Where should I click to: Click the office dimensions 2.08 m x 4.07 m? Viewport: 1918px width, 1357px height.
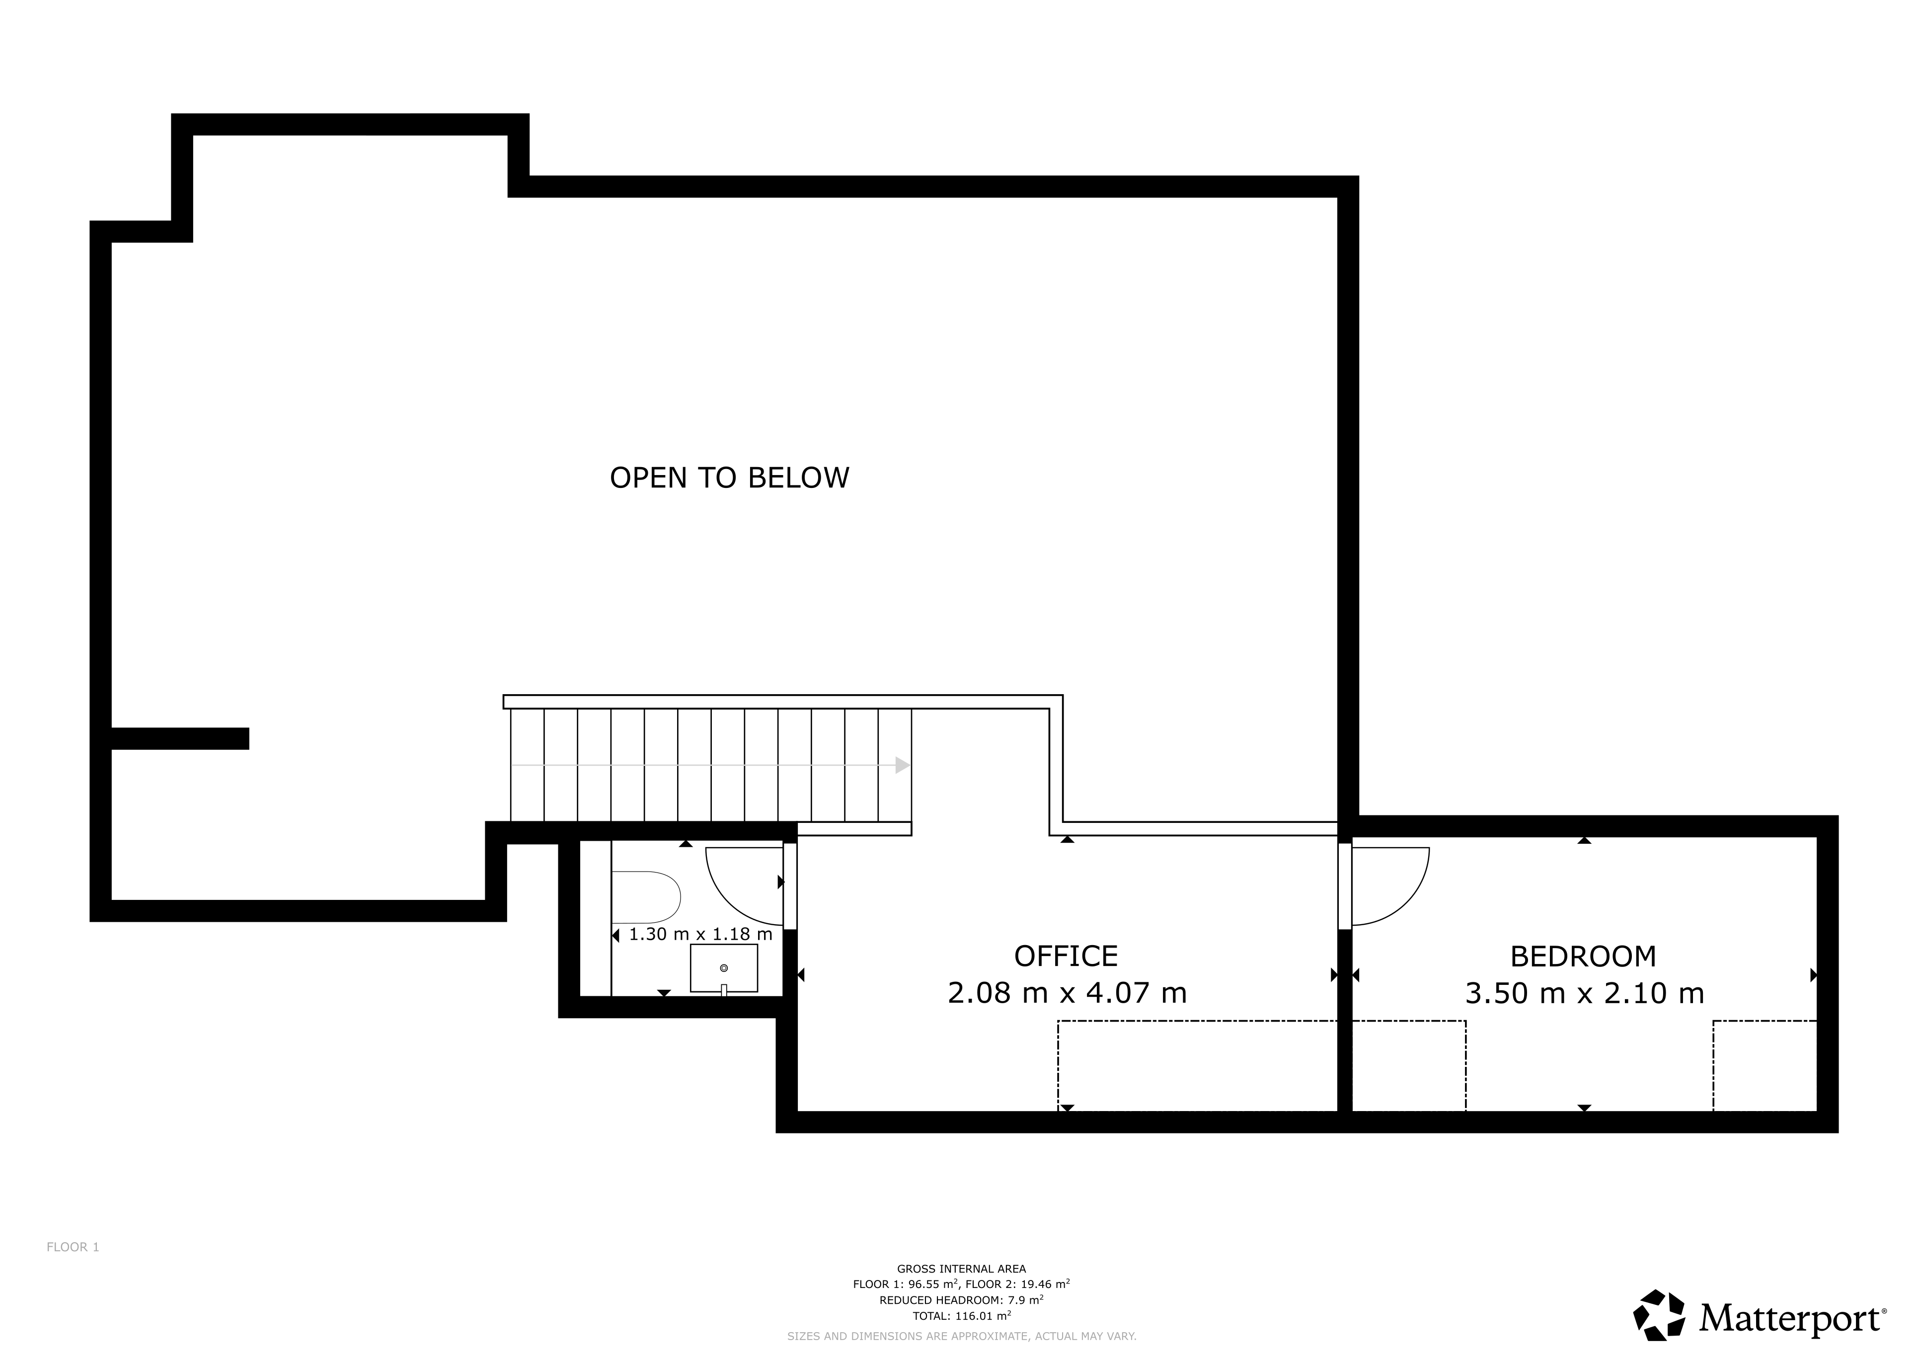coord(1067,993)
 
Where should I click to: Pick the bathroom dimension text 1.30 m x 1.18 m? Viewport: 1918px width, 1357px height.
coord(700,934)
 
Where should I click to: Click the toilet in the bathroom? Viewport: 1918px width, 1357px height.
coord(646,897)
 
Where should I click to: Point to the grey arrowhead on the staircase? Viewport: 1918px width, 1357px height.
coord(902,765)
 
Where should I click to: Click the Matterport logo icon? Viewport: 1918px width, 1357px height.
coord(1659,1314)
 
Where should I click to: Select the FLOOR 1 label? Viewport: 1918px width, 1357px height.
coord(73,1247)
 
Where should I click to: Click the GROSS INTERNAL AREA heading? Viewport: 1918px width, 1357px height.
coord(962,1269)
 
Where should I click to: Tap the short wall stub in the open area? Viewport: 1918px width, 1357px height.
coord(180,739)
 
